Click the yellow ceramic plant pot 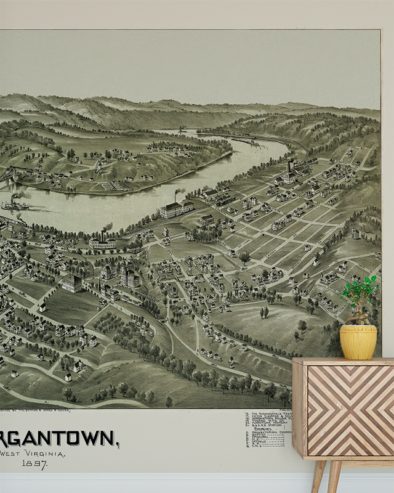coord(358,342)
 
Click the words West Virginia coord(34,454)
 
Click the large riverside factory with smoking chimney coord(176,209)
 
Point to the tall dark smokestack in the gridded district coord(290,168)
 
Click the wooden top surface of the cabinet coord(342,362)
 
